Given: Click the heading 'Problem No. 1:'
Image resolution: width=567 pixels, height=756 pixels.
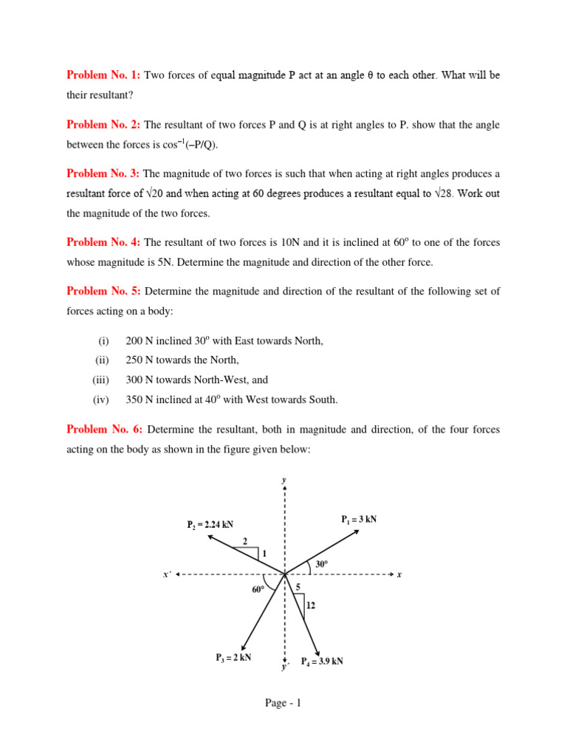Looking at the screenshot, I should [x=103, y=75].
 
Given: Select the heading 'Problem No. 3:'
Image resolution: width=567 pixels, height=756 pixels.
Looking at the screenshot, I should [x=103, y=174].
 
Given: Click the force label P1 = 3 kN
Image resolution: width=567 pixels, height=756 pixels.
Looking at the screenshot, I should [x=359, y=519].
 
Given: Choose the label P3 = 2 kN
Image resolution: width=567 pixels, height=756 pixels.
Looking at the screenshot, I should [x=233, y=657].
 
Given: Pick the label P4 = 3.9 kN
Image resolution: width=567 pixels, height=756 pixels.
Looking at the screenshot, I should [x=322, y=661].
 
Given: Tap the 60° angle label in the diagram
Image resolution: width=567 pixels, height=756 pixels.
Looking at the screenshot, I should [x=258, y=589].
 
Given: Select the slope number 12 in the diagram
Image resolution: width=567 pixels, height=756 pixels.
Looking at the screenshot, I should [x=311, y=605].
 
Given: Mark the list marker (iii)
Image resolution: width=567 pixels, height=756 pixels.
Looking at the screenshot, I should [x=100, y=380].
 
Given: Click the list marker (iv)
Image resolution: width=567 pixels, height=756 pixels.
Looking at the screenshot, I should [x=101, y=400].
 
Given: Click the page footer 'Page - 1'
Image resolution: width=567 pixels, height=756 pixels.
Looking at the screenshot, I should [x=283, y=703].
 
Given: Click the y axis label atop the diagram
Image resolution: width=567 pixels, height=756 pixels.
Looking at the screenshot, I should [x=284, y=480].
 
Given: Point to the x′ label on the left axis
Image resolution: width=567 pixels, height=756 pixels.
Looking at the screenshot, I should [x=167, y=574].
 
